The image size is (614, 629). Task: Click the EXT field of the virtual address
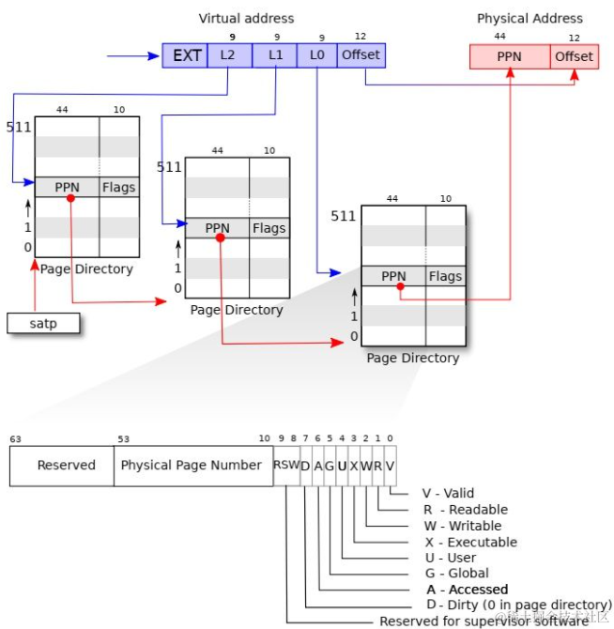187,55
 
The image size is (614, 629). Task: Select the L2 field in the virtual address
228,55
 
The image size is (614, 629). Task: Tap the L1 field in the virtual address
275,55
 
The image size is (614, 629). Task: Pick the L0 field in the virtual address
316,55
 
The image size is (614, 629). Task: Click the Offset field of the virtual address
361,55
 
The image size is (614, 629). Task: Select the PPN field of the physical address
509,56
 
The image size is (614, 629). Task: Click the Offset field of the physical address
574,56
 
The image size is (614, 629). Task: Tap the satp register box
42,324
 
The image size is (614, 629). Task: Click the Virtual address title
246,18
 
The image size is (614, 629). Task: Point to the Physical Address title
530,18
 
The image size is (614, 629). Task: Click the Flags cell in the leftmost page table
119,187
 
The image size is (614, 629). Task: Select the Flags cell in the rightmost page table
445,276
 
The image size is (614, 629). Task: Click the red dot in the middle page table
220,238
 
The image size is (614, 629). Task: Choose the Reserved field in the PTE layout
66,465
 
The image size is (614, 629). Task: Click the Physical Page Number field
192,465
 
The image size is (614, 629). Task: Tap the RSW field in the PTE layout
285,465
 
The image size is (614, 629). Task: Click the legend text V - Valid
448,493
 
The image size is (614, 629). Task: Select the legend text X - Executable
469,542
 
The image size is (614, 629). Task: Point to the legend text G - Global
455,573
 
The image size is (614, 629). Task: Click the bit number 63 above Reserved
15,438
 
